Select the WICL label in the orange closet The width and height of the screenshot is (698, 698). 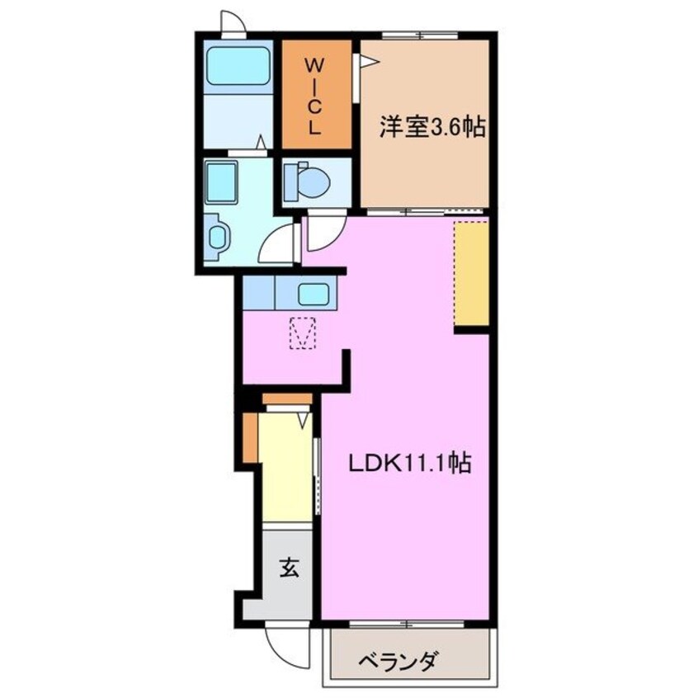[x=314, y=95]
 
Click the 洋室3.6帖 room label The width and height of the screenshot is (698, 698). [x=432, y=128]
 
